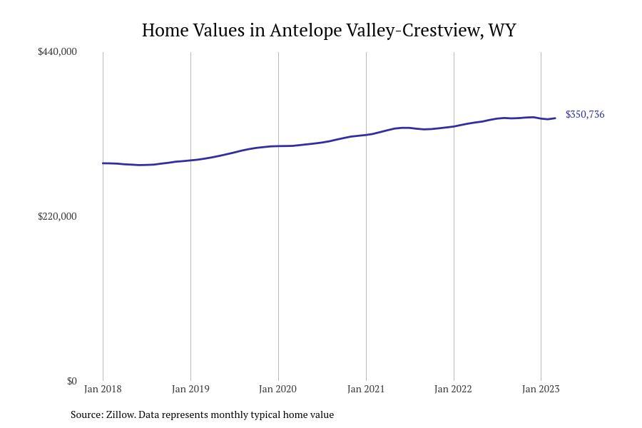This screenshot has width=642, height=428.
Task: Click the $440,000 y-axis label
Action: click(x=57, y=51)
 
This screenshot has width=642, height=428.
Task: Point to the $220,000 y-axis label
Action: click(x=57, y=216)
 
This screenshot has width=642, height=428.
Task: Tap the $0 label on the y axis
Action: click(x=71, y=381)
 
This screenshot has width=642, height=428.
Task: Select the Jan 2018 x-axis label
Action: click(x=103, y=389)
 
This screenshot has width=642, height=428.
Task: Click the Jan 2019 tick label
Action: click(x=190, y=389)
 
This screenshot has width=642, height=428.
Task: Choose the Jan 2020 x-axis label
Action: click(x=278, y=389)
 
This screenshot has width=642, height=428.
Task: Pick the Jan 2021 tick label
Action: click(x=366, y=389)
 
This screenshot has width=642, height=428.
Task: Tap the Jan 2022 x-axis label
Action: click(x=453, y=389)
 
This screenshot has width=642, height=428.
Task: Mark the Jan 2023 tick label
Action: click(x=541, y=389)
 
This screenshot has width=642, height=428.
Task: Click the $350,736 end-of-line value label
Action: click(x=585, y=114)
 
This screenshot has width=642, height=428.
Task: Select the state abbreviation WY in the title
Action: click(x=502, y=30)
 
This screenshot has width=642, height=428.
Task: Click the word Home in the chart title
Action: click(x=165, y=30)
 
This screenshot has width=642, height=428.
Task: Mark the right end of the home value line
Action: click(x=556, y=118)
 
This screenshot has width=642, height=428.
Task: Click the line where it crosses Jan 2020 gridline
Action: click(x=278, y=146)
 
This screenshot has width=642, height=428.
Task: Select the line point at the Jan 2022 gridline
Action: click(x=454, y=126)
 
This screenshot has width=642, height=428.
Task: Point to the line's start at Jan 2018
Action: click(x=103, y=163)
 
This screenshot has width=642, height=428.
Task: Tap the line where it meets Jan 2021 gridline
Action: click(x=366, y=135)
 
